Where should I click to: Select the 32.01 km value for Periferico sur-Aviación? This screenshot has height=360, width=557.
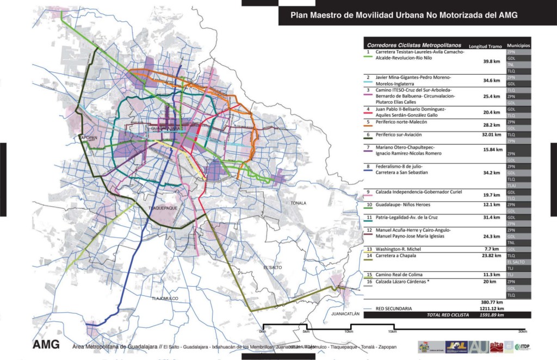[x=491, y=134]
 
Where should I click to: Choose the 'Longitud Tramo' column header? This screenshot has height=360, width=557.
[x=486, y=46]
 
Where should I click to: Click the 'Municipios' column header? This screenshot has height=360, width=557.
[x=518, y=46]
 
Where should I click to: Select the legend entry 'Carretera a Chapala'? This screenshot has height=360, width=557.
[x=397, y=255]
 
